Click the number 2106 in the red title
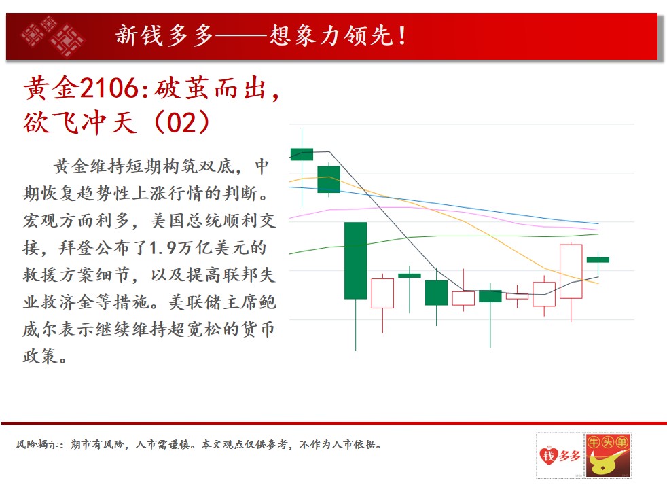pyautogui.click(x=110, y=88)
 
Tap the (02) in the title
pyautogui.click(x=182, y=123)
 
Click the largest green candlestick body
pyautogui.click(x=356, y=261)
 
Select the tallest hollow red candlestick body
pyautogui.click(x=571, y=272)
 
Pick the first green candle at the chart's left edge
pyautogui.click(x=302, y=154)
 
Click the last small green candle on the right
pyautogui.click(x=598, y=259)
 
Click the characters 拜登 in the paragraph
pyautogui.click(x=77, y=248)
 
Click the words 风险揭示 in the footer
pyautogui.click(x=37, y=445)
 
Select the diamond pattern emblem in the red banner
pyautogui.click(x=52, y=36)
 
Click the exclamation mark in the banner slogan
pyautogui.click(x=401, y=36)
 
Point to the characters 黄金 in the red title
pyautogui.click(x=51, y=88)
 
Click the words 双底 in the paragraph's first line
pyautogui.click(x=217, y=166)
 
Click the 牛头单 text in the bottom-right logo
pyautogui.click(x=608, y=443)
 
